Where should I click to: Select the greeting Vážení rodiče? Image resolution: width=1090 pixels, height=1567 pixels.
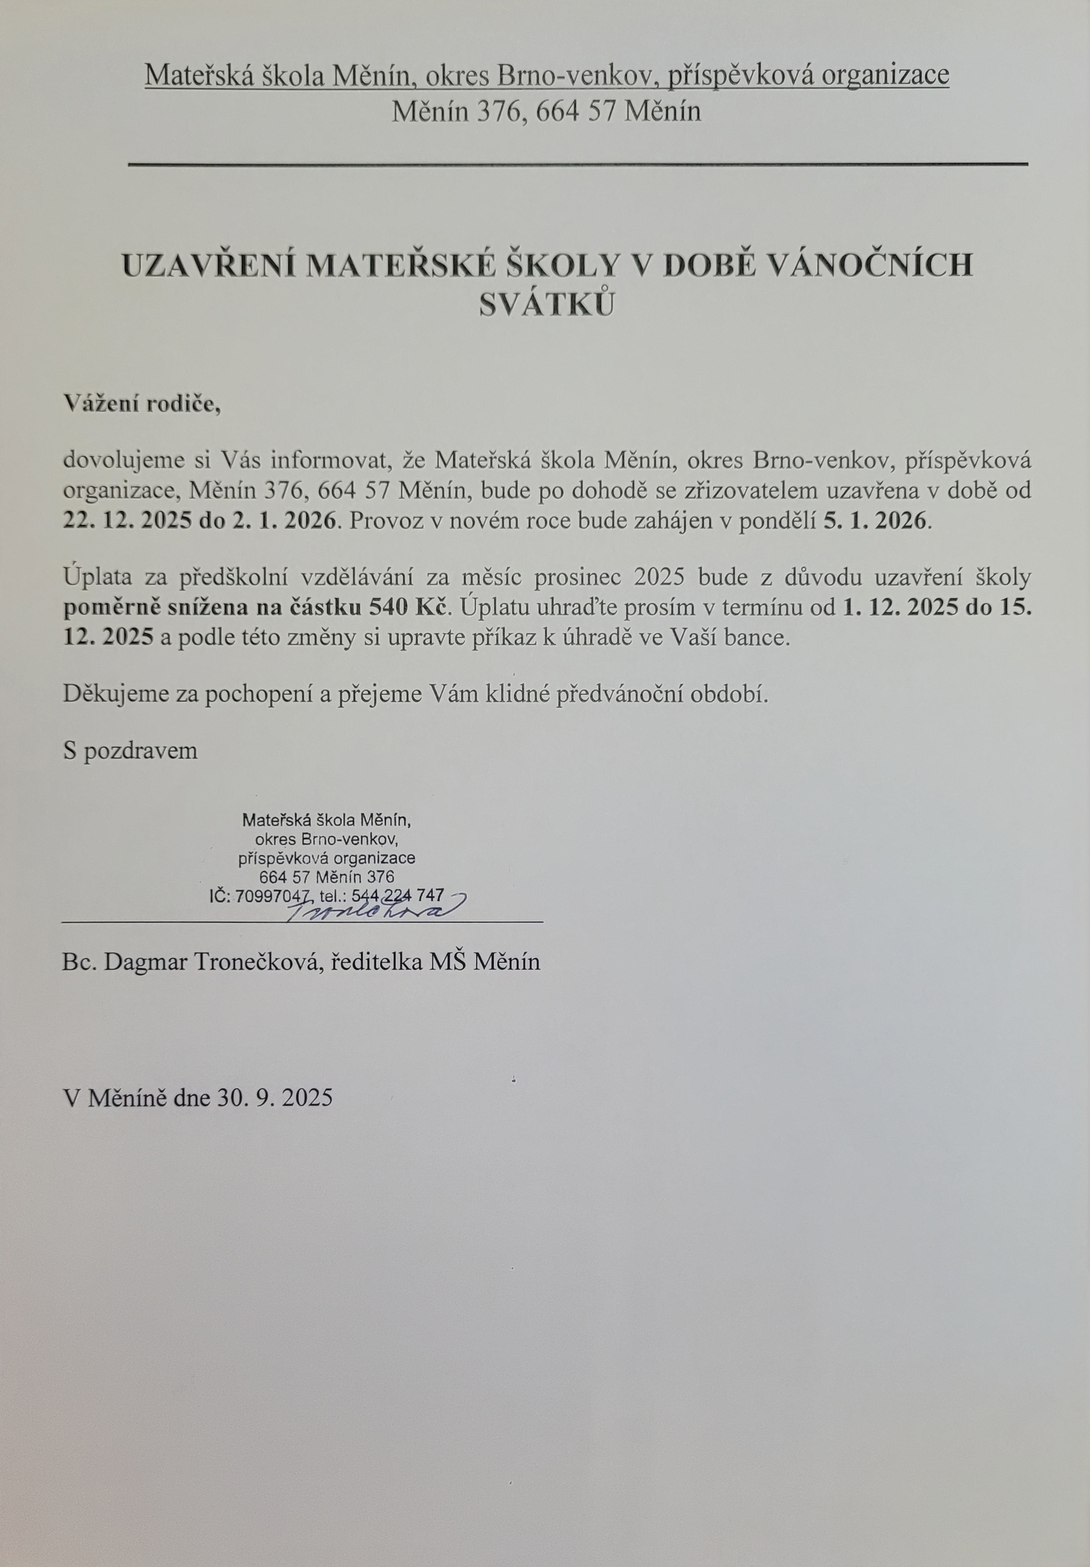[x=142, y=404]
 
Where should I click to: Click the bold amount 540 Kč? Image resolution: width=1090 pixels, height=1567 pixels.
[x=410, y=607]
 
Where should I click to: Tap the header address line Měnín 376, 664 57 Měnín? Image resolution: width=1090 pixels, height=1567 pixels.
[x=546, y=111]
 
